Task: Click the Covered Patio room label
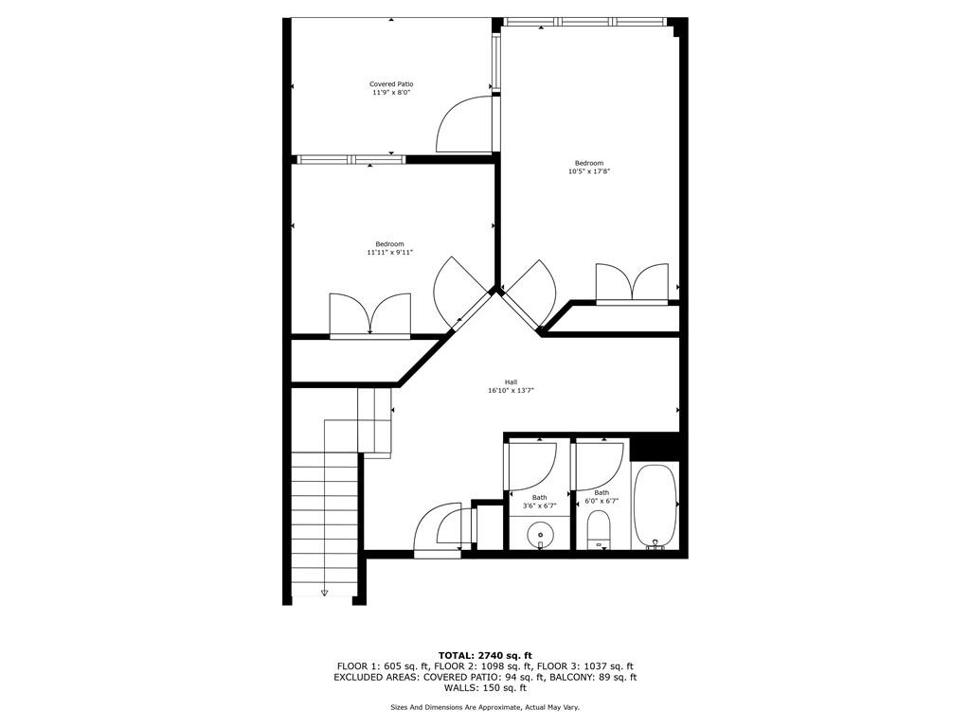391,84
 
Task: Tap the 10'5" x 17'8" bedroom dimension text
589,171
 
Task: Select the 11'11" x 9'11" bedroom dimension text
389,252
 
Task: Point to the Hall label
511,382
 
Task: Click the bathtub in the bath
656,505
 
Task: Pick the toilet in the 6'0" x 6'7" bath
599,530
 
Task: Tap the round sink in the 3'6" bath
540,534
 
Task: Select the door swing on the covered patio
464,124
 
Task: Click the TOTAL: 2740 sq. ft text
485,655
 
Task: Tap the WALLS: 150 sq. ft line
485,687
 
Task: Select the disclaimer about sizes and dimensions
485,707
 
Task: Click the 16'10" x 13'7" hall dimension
511,391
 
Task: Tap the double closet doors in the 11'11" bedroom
370,315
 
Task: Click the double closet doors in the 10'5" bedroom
632,284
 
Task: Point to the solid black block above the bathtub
655,448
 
